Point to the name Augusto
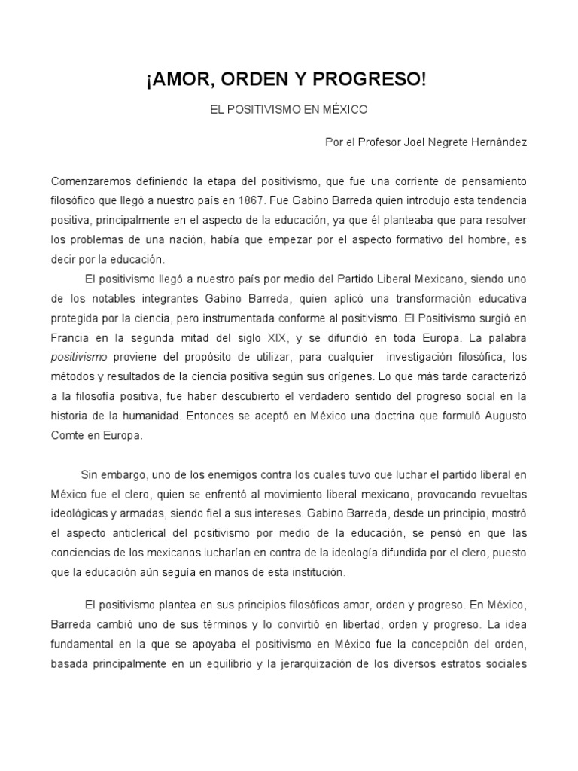(x=501, y=416)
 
